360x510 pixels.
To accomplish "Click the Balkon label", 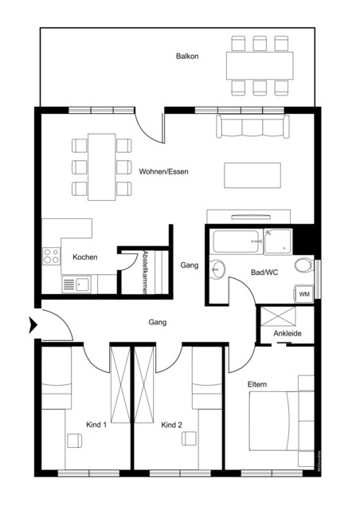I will pos(188,57).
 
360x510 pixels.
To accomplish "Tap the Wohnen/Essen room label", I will pos(163,171).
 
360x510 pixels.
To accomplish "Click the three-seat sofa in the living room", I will pos(252,127).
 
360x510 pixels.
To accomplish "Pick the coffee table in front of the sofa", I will pos(252,175).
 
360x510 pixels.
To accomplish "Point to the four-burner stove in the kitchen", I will pos(52,257).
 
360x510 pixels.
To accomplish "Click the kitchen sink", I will pos(77,283).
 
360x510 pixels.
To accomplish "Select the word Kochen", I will pos(85,257).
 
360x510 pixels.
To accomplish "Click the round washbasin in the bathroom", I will pos(218,270).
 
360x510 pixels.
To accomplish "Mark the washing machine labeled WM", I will pos(304,294).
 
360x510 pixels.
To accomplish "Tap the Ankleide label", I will pos(286,334).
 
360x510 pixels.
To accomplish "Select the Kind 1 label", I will pos(96,426).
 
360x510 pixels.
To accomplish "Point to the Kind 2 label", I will pos(171,426).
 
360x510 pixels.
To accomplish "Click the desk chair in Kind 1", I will pos(72,441).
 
